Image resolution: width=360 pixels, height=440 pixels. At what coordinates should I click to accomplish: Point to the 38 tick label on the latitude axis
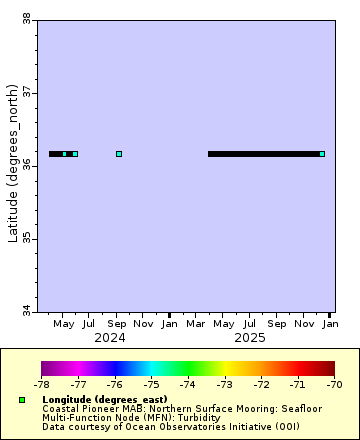pos(26,18)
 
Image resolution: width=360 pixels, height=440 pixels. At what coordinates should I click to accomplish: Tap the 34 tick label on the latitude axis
pos(26,311)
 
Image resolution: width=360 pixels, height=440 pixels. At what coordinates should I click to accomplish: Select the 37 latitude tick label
pos(26,92)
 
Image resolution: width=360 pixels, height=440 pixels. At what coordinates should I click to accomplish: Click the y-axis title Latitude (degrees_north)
pos(13,185)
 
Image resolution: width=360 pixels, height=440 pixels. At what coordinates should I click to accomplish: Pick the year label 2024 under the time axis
pos(109,338)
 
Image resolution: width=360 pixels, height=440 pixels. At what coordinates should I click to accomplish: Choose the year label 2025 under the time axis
pos(250,338)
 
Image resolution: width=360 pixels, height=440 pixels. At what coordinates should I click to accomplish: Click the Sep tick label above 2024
pos(117,324)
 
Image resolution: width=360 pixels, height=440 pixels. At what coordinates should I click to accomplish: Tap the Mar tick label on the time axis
pos(197,324)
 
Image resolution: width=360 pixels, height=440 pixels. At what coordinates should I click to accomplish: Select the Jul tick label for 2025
pos(250,324)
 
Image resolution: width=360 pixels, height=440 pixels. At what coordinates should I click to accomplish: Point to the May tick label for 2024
pos(64,324)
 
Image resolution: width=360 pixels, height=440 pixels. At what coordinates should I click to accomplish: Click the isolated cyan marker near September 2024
pos(119,154)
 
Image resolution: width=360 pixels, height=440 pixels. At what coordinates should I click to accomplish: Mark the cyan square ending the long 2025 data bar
pos(322,154)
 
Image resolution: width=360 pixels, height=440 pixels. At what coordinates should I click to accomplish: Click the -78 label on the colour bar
pos(41,384)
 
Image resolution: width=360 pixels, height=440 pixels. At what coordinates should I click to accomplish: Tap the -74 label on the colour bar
pos(188,384)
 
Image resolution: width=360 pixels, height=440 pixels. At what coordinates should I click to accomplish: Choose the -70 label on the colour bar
pos(334,384)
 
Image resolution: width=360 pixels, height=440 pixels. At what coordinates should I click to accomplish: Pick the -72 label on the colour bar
pos(261,384)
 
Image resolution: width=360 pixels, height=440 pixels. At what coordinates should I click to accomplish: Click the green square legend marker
pos(21,400)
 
